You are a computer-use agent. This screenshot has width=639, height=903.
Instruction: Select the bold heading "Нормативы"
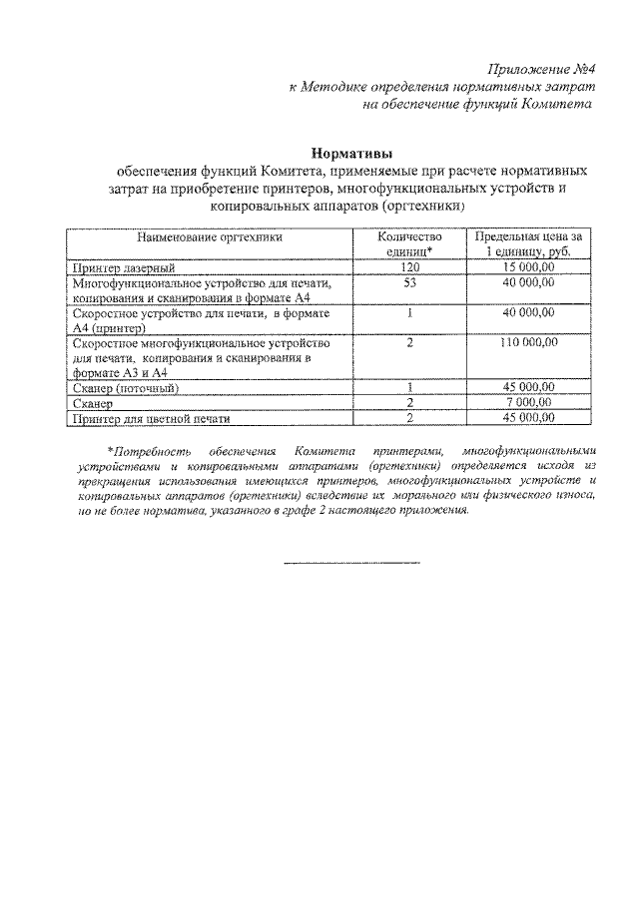pyautogui.click(x=350, y=154)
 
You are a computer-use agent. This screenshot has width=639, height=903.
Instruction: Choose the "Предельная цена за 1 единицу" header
pyautogui.click(x=528, y=245)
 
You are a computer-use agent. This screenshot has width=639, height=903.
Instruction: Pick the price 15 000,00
pyautogui.click(x=528, y=268)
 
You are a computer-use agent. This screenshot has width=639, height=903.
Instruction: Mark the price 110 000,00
pyautogui.click(x=528, y=342)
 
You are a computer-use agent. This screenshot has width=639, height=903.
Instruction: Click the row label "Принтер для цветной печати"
pyautogui.click(x=152, y=417)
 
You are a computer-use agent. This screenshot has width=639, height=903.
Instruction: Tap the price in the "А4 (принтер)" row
pyautogui.click(x=528, y=313)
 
